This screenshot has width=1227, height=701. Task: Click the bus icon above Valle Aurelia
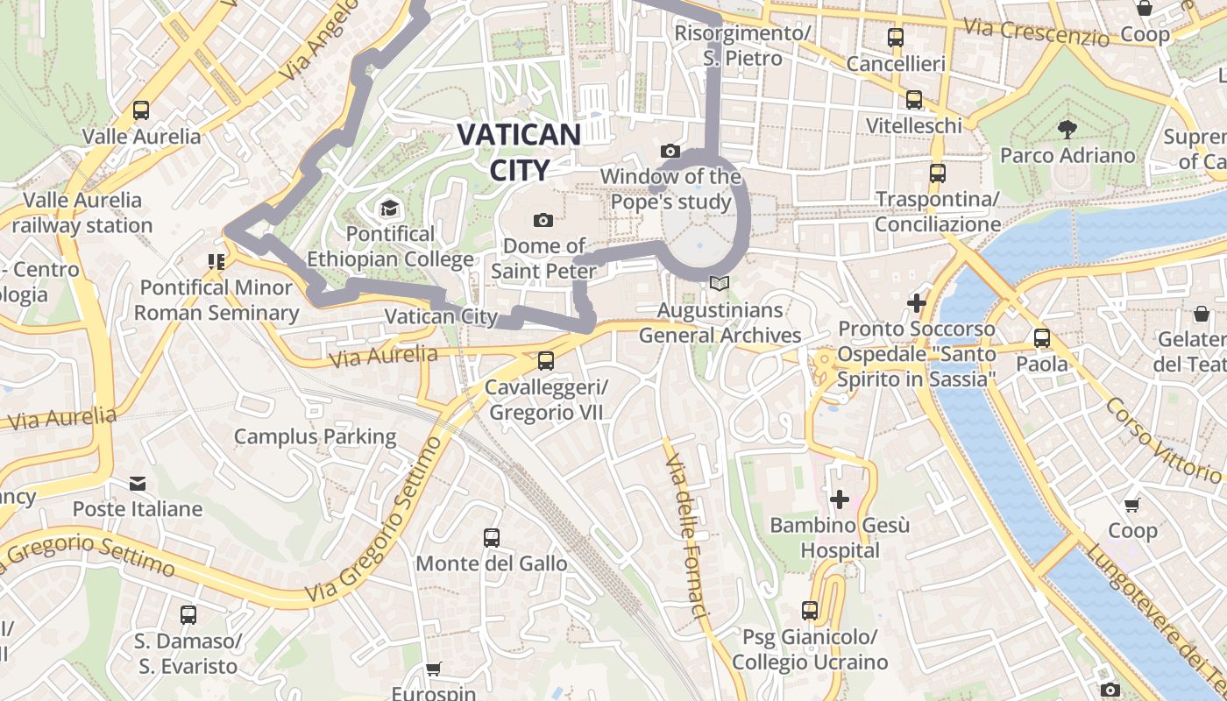140,110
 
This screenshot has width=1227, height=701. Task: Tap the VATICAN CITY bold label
519,151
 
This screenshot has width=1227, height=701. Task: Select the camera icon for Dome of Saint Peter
543,220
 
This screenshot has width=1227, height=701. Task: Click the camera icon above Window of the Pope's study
670,151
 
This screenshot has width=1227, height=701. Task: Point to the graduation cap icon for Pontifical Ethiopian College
389,209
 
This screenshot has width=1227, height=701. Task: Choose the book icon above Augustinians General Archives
720,284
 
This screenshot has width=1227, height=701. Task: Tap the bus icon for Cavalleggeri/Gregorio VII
546,360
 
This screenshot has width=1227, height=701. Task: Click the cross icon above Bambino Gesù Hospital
840,499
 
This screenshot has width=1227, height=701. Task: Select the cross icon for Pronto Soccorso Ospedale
917,303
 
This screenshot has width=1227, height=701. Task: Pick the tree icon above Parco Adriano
1067,130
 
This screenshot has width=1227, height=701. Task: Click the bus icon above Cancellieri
895,38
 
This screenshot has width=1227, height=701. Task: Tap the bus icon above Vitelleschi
914,100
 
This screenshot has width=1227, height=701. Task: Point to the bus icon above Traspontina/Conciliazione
938,173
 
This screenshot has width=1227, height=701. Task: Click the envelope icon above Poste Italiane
138,483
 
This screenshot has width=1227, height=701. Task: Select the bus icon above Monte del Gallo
492,537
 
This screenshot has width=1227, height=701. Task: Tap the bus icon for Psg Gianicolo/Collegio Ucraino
810,610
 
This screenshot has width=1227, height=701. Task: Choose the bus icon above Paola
1042,337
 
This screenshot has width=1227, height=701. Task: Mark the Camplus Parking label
315,436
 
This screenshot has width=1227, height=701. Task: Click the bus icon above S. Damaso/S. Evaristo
188,614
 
